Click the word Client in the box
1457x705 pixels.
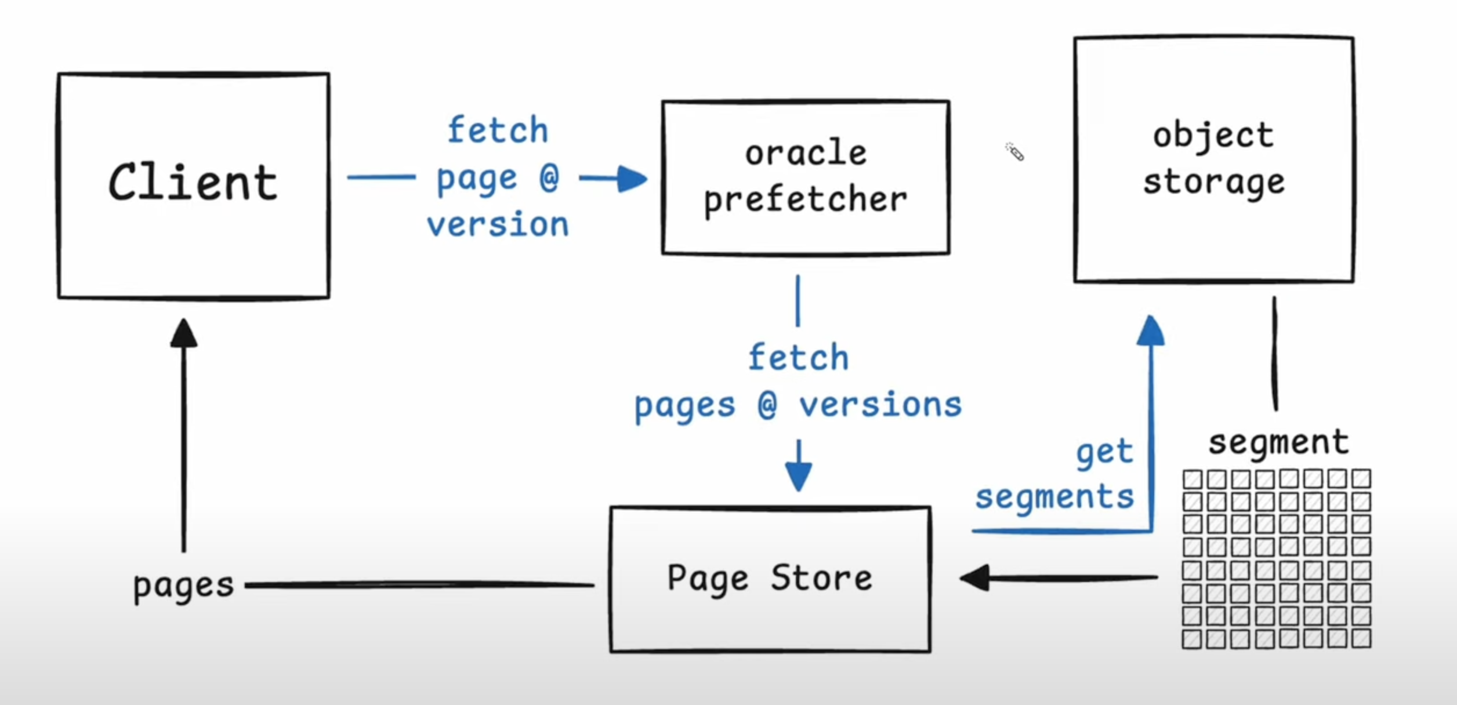[193, 182]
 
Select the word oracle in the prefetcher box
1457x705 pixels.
[806, 154]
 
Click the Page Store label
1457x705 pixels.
[770, 579]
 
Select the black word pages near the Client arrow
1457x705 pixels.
[183, 586]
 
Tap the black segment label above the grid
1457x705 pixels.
[1278, 444]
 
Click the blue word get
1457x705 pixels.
[1104, 453]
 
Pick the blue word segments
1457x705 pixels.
[1054, 498]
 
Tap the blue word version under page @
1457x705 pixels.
[498, 224]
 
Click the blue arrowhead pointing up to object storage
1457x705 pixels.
[1151, 330]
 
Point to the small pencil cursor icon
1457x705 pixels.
[1015, 152]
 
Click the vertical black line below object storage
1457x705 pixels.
[1274, 353]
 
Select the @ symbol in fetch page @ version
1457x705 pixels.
[549, 177]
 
